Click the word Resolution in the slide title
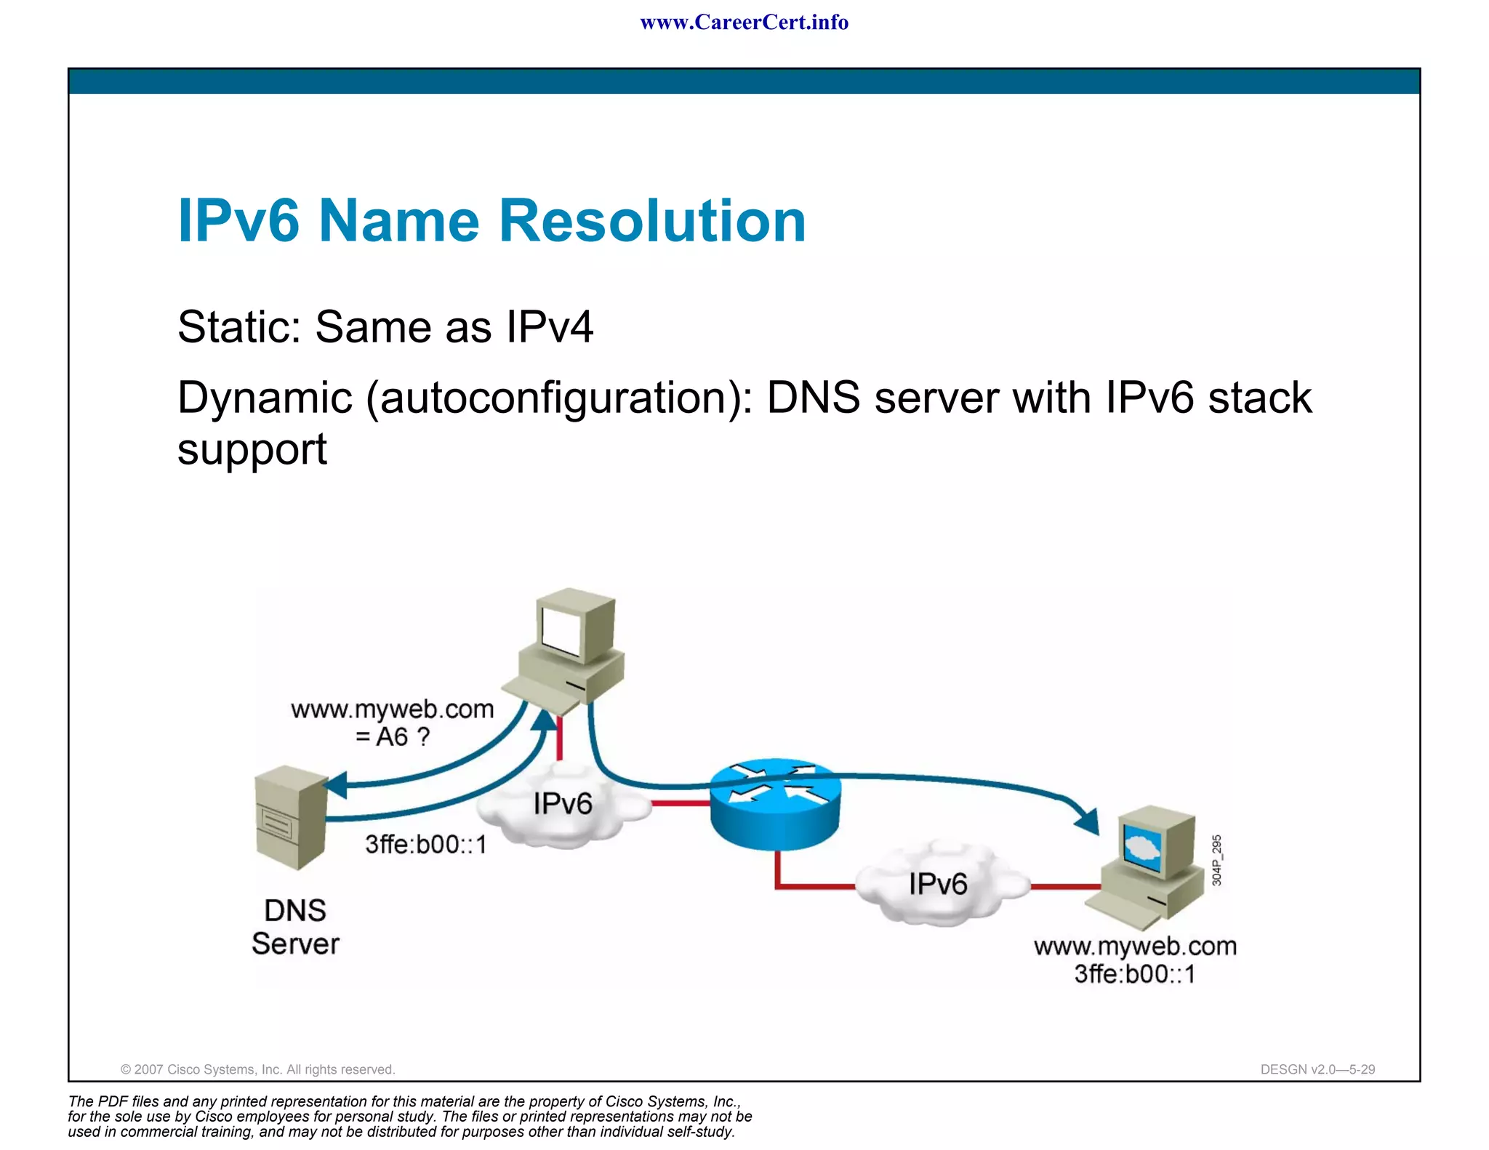click(x=652, y=221)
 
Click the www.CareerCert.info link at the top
click(x=744, y=23)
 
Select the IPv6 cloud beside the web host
click(x=938, y=885)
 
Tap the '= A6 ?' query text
click(x=393, y=737)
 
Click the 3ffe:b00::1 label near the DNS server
click(x=426, y=845)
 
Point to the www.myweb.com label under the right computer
click(x=1135, y=946)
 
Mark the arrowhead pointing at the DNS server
click(x=335, y=785)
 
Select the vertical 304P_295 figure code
click(x=1217, y=861)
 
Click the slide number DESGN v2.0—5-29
click(x=1317, y=1069)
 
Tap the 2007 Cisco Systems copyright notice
click(x=257, y=1069)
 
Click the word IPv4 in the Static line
click(x=550, y=327)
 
